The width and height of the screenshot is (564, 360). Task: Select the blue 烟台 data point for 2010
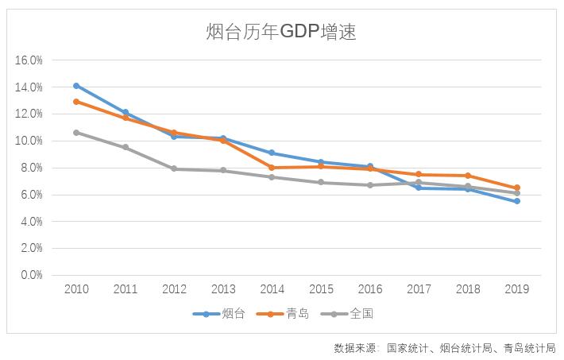[76, 86]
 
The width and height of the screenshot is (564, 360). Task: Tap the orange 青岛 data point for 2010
[76, 102]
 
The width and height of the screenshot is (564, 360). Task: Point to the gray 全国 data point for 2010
[76, 133]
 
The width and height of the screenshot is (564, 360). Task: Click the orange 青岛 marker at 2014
[272, 168]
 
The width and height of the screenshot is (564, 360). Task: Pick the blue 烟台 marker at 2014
[272, 153]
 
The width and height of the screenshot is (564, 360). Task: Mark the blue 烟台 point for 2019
[516, 201]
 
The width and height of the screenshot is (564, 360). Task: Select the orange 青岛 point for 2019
[516, 188]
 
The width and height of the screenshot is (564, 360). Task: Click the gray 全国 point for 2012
[174, 168]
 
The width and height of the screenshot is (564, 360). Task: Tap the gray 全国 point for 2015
[321, 182]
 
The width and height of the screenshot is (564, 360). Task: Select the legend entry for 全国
[350, 314]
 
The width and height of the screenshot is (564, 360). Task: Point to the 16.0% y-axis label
[29, 60]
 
